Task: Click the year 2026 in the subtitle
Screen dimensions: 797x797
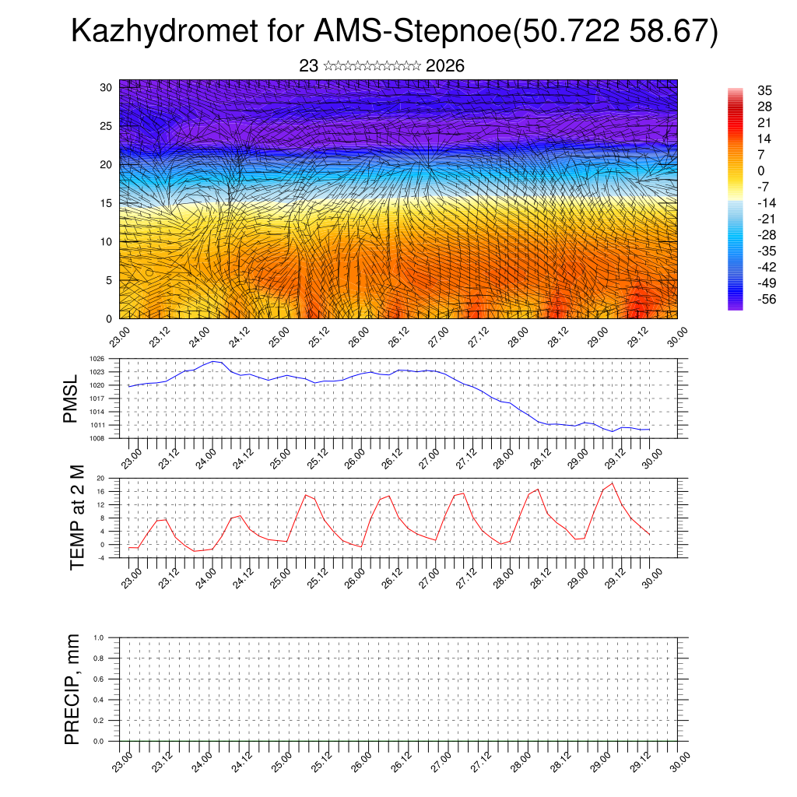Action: pyautogui.click(x=445, y=66)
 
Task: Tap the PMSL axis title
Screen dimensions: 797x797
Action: pyautogui.click(x=71, y=399)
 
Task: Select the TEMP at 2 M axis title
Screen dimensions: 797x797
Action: pyautogui.click(x=76, y=517)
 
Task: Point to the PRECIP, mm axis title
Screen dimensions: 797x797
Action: pyautogui.click(x=72, y=689)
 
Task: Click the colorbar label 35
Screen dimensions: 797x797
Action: pyautogui.click(x=764, y=90)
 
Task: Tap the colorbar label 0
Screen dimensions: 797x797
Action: pyautogui.click(x=760, y=170)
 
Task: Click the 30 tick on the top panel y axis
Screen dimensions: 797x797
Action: pyautogui.click(x=107, y=87)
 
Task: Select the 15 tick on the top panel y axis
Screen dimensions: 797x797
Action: pyautogui.click(x=107, y=203)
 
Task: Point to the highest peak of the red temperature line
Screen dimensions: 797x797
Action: pyautogui.click(x=613, y=483)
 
